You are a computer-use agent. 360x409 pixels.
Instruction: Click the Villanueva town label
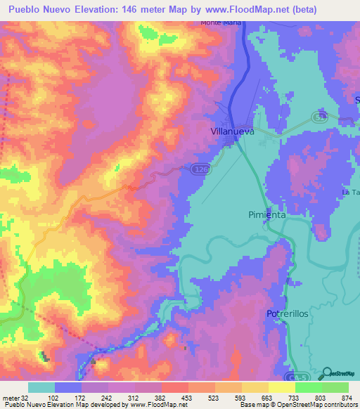(x=231, y=131)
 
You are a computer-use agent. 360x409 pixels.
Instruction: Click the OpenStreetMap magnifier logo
(x=328, y=373)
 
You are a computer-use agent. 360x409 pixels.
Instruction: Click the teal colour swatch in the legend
(x=41, y=387)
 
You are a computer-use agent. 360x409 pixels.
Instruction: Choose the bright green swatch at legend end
(x=335, y=387)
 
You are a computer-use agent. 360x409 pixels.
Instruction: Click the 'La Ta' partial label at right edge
(x=350, y=192)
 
